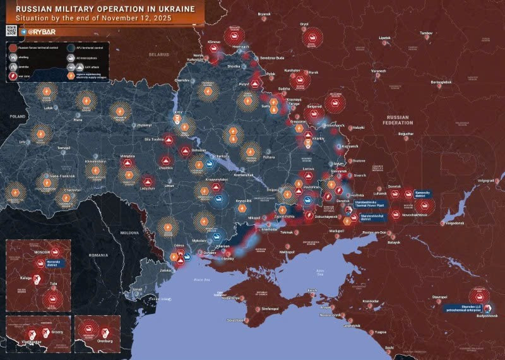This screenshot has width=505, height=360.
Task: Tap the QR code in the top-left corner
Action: point(11,30)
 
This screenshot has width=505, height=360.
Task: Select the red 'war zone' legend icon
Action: point(13,76)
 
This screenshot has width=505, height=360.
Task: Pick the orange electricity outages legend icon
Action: point(70,76)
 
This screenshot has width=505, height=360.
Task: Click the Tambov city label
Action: point(427,32)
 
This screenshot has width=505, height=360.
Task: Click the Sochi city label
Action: point(389,347)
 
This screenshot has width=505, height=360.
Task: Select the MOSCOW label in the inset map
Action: point(42,252)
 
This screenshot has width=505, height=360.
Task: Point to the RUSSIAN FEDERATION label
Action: point(398,120)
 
